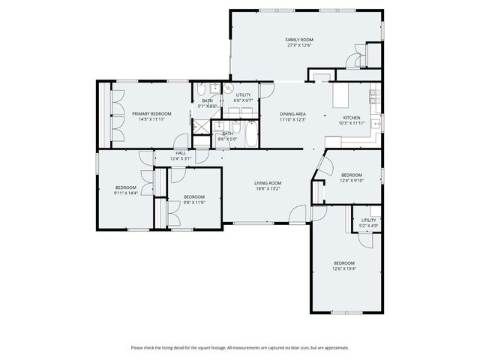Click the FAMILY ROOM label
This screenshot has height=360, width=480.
pyautogui.click(x=298, y=39)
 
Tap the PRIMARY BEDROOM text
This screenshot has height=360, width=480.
pyautogui.click(x=151, y=113)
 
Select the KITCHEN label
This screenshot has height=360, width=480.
pyautogui.click(x=352, y=118)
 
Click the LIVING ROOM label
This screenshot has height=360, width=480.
pyautogui.click(x=267, y=183)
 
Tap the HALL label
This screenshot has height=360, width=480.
pyautogui.click(x=181, y=153)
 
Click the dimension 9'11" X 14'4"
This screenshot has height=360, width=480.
pyautogui.click(x=125, y=193)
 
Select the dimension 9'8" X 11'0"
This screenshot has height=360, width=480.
pyautogui.click(x=194, y=202)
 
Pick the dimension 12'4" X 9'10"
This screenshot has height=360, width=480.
pyautogui.click(x=351, y=180)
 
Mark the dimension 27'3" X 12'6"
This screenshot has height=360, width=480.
pyautogui.click(x=298, y=45)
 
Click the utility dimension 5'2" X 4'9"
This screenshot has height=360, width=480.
pyautogui.click(x=368, y=226)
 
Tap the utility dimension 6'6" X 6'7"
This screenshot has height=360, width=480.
pyautogui.click(x=244, y=100)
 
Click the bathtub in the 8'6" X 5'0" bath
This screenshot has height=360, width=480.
pyautogui.click(x=250, y=137)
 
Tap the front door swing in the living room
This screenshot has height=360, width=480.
pyautogui.click(x=319, y=213)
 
